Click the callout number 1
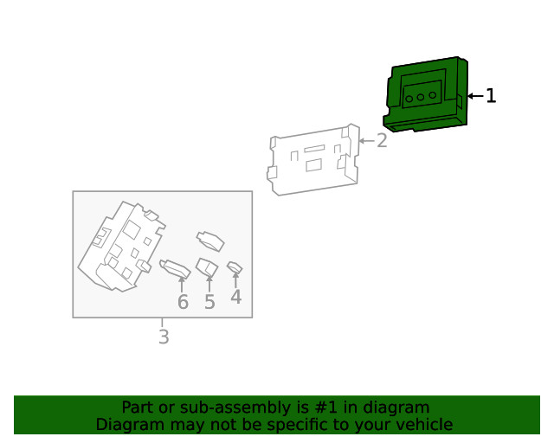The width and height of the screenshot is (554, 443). [491, 96]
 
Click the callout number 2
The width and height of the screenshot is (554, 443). [382, 141]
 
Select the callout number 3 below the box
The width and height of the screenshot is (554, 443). [164, 337]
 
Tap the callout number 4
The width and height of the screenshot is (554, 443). [236, 297]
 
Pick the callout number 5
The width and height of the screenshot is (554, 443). [209, 302]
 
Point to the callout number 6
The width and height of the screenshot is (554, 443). [183, 302]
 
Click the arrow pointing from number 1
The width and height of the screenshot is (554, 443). [475, 96]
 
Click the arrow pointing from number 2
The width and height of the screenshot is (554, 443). [366, 141]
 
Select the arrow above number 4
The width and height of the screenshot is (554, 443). [235, 279]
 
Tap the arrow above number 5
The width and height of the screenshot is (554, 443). [209, 284]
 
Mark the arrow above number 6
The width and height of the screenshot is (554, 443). [182, 285]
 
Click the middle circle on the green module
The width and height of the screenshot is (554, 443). [421, 97]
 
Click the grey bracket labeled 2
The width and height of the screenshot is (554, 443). [313, 160]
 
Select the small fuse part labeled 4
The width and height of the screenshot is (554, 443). [235, 267]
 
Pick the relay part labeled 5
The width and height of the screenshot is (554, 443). [207, 267]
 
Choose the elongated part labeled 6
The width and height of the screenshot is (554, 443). [175, 269]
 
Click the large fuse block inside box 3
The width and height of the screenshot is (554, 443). [121, 247]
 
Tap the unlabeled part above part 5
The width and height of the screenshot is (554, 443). [210, 241]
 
